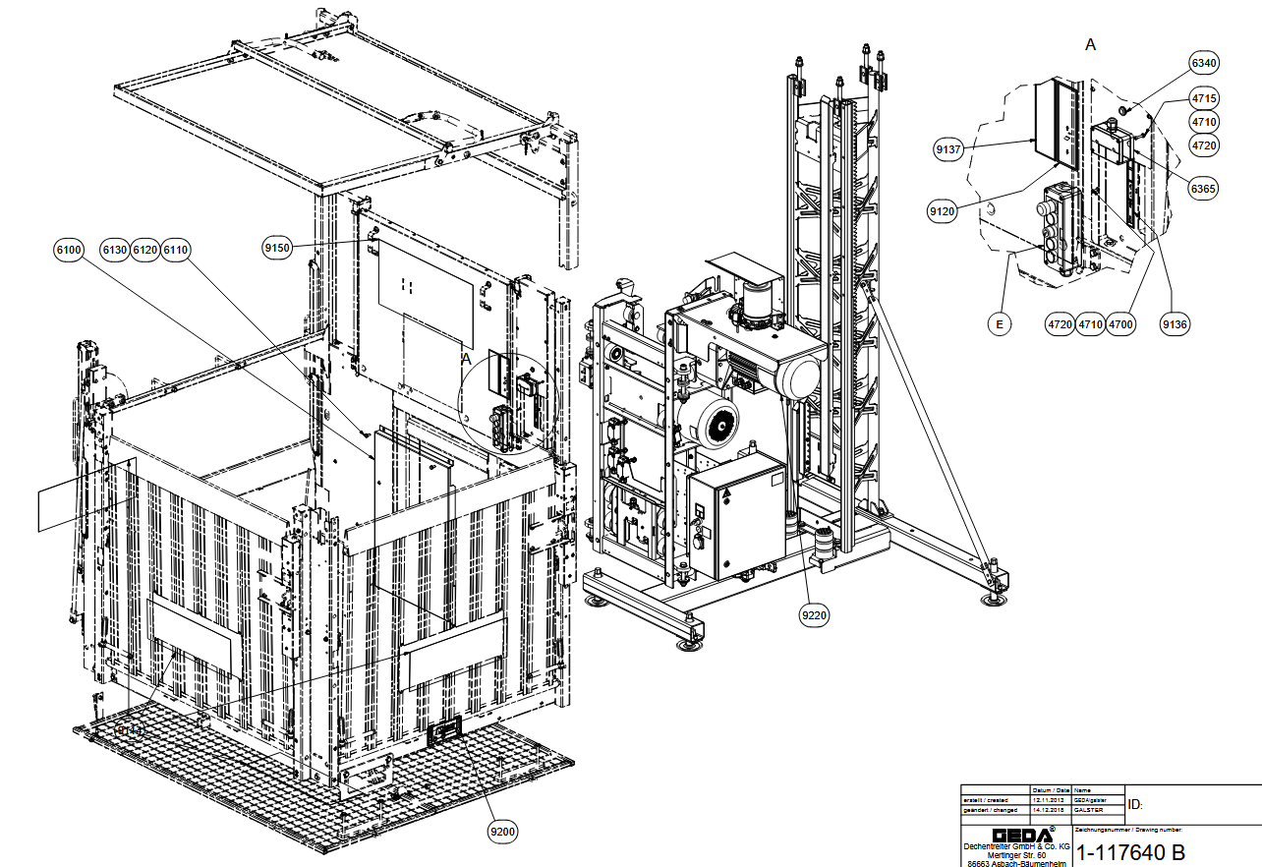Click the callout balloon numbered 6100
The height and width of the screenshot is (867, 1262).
(68, 251)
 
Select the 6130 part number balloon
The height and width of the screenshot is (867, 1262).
(115, 251)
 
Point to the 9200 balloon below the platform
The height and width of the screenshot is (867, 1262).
(502, 832)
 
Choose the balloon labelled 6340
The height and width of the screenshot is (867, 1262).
(1203, 64)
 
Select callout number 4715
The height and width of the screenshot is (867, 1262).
(1204, 98)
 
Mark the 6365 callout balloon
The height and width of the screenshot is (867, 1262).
(1203, 189)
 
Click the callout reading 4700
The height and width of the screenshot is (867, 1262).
(1119, 323)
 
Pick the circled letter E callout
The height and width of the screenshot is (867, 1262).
(998, 323)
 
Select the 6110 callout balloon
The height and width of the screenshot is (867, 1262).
(175, 251)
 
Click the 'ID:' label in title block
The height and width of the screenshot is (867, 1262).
(1135, 804)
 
